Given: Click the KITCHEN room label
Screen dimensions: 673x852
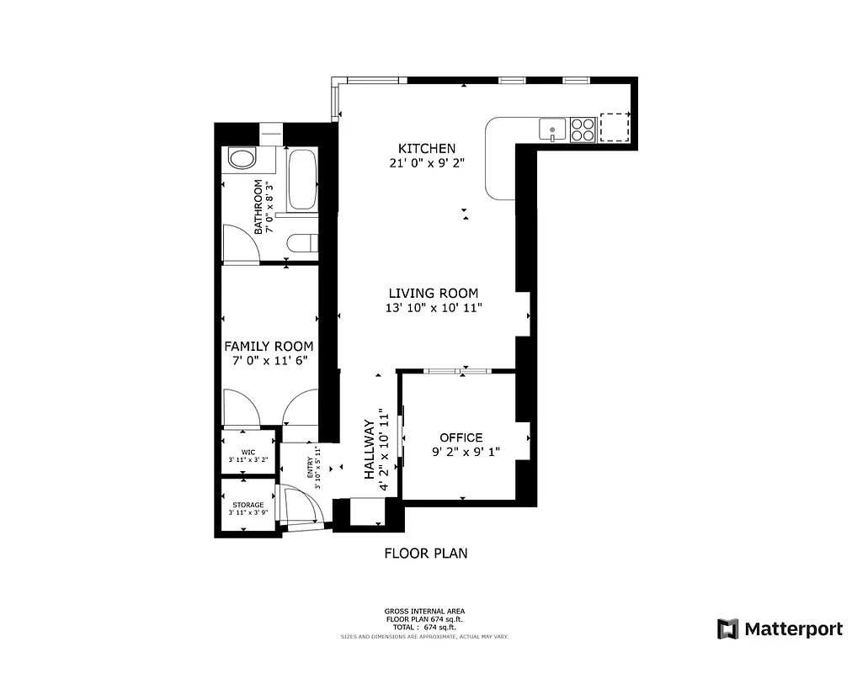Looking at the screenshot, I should (428, 148).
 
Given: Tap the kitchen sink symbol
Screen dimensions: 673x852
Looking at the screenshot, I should (552, 130).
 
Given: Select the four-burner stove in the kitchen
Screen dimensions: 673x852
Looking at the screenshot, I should (583, 129).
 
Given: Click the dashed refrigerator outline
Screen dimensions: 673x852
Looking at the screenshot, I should (615, 127).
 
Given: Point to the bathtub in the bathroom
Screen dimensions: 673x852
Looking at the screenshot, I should (301, 179).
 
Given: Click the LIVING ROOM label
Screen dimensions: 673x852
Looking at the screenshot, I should (433, 293).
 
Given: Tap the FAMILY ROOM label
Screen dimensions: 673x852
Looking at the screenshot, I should (268, 346).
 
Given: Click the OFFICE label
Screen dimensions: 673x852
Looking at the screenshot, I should (461, 437).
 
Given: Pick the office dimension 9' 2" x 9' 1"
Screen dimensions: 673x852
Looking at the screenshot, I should (466, 452).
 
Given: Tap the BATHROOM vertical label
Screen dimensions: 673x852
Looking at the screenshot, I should (259, 206).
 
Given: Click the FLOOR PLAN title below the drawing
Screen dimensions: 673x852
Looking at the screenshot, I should (425, 554).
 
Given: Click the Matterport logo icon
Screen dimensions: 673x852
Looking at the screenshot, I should (727, 628).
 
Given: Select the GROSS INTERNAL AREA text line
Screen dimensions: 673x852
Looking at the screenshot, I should (424, 611).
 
